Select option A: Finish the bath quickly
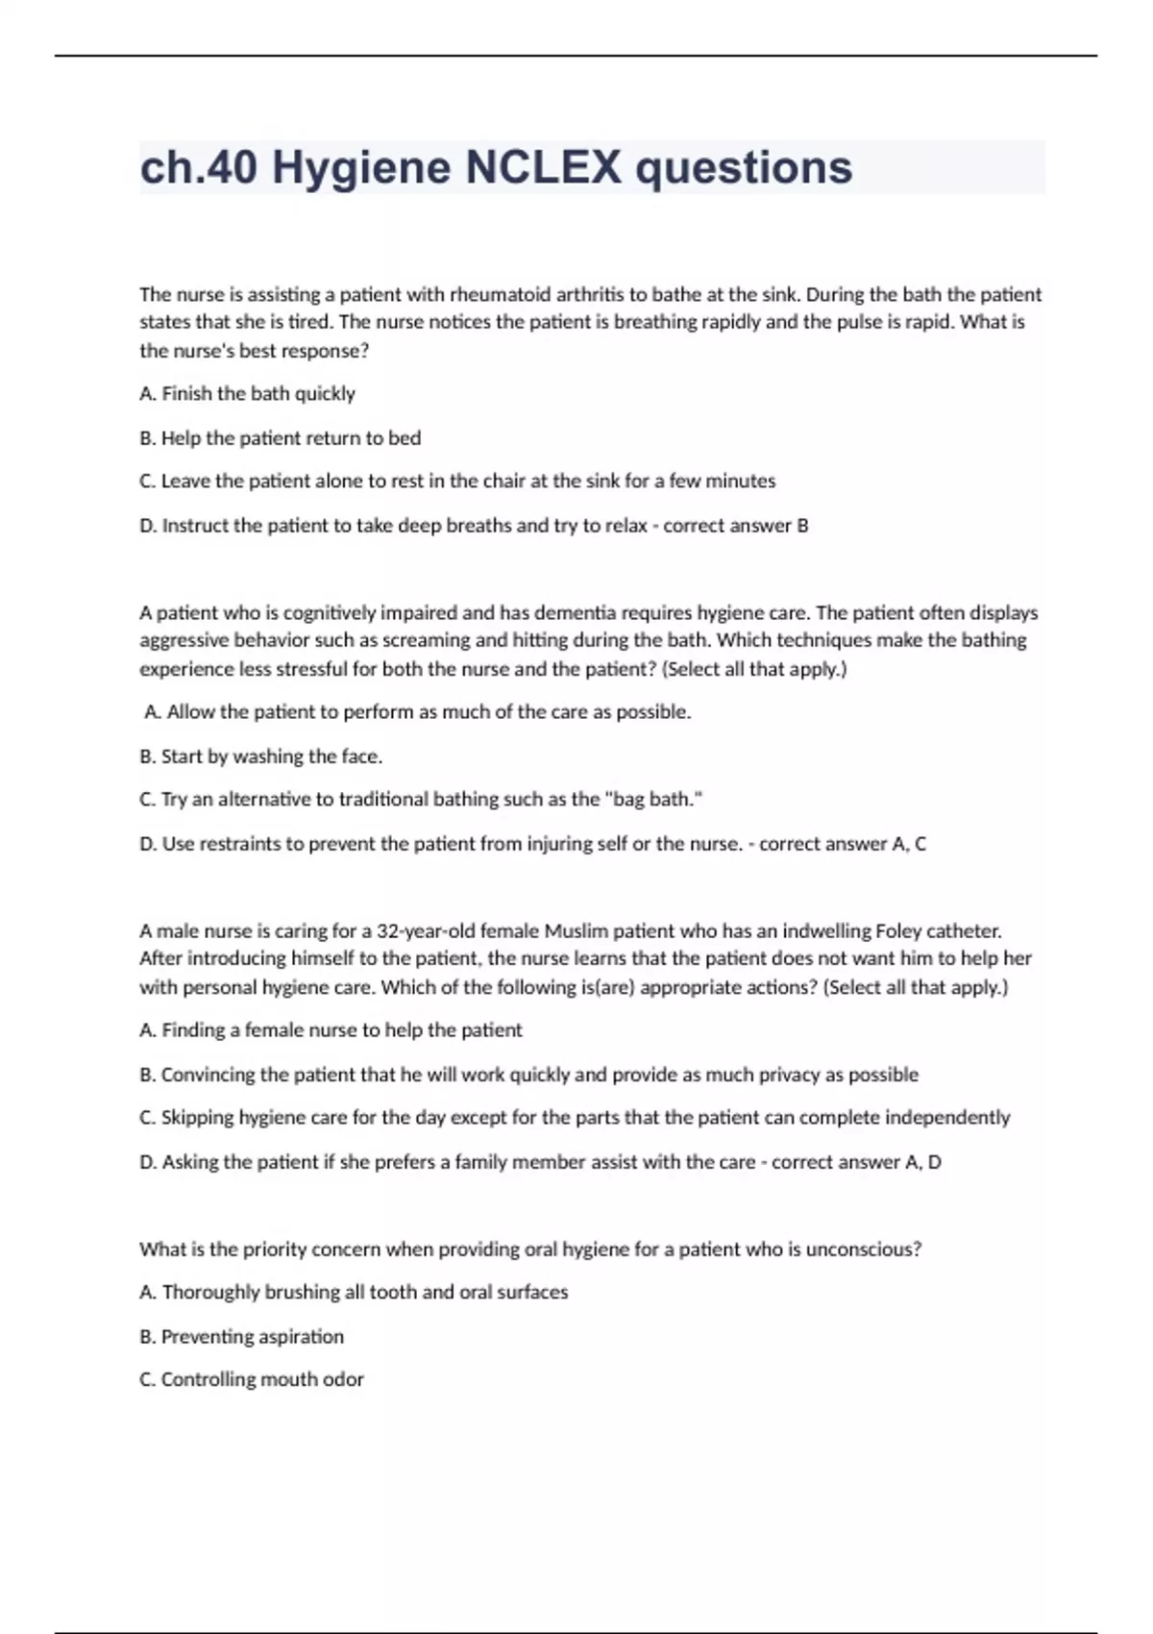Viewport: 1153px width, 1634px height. tap(247, 393)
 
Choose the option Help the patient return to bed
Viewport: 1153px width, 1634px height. tap(280, 438)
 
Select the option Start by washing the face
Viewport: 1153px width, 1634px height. tap(260, 756)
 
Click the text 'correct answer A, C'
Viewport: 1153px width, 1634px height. tap(843, 844)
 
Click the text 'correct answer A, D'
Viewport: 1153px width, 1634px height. tap(856, 1162)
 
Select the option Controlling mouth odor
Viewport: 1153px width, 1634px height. tap(252, 1379)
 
